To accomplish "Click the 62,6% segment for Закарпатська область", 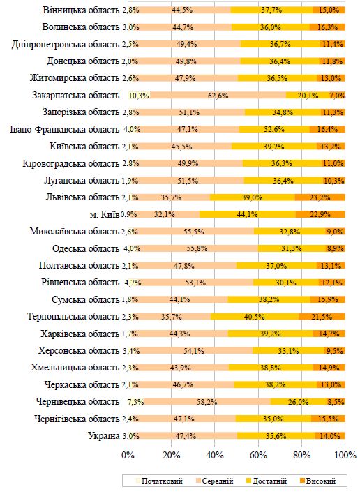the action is pos(218,95).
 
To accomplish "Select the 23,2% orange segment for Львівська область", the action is pos(320,197).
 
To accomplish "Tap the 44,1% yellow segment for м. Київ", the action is pos(248,214).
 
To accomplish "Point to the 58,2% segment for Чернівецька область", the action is pos(207,402).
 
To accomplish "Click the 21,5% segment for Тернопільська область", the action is pos(322,316).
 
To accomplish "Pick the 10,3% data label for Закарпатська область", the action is pos(139,96).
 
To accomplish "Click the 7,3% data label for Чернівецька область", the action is pos(136,402).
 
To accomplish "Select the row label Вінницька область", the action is pos(81,10).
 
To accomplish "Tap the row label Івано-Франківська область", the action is pos(65,129).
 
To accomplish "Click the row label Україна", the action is pos(104,436).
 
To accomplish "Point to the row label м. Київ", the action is pos(104,214).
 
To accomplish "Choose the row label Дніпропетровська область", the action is pos(66,44).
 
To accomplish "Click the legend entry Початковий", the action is pos(159,481).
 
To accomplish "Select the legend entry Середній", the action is pos(214,481).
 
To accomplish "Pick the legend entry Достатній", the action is pos(266,481).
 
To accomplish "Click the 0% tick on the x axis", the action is pos(128,455).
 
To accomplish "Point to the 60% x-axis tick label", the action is pos(258,455).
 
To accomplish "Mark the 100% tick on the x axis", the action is pos(345,455).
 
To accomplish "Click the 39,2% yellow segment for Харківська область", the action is pos(271,334).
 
